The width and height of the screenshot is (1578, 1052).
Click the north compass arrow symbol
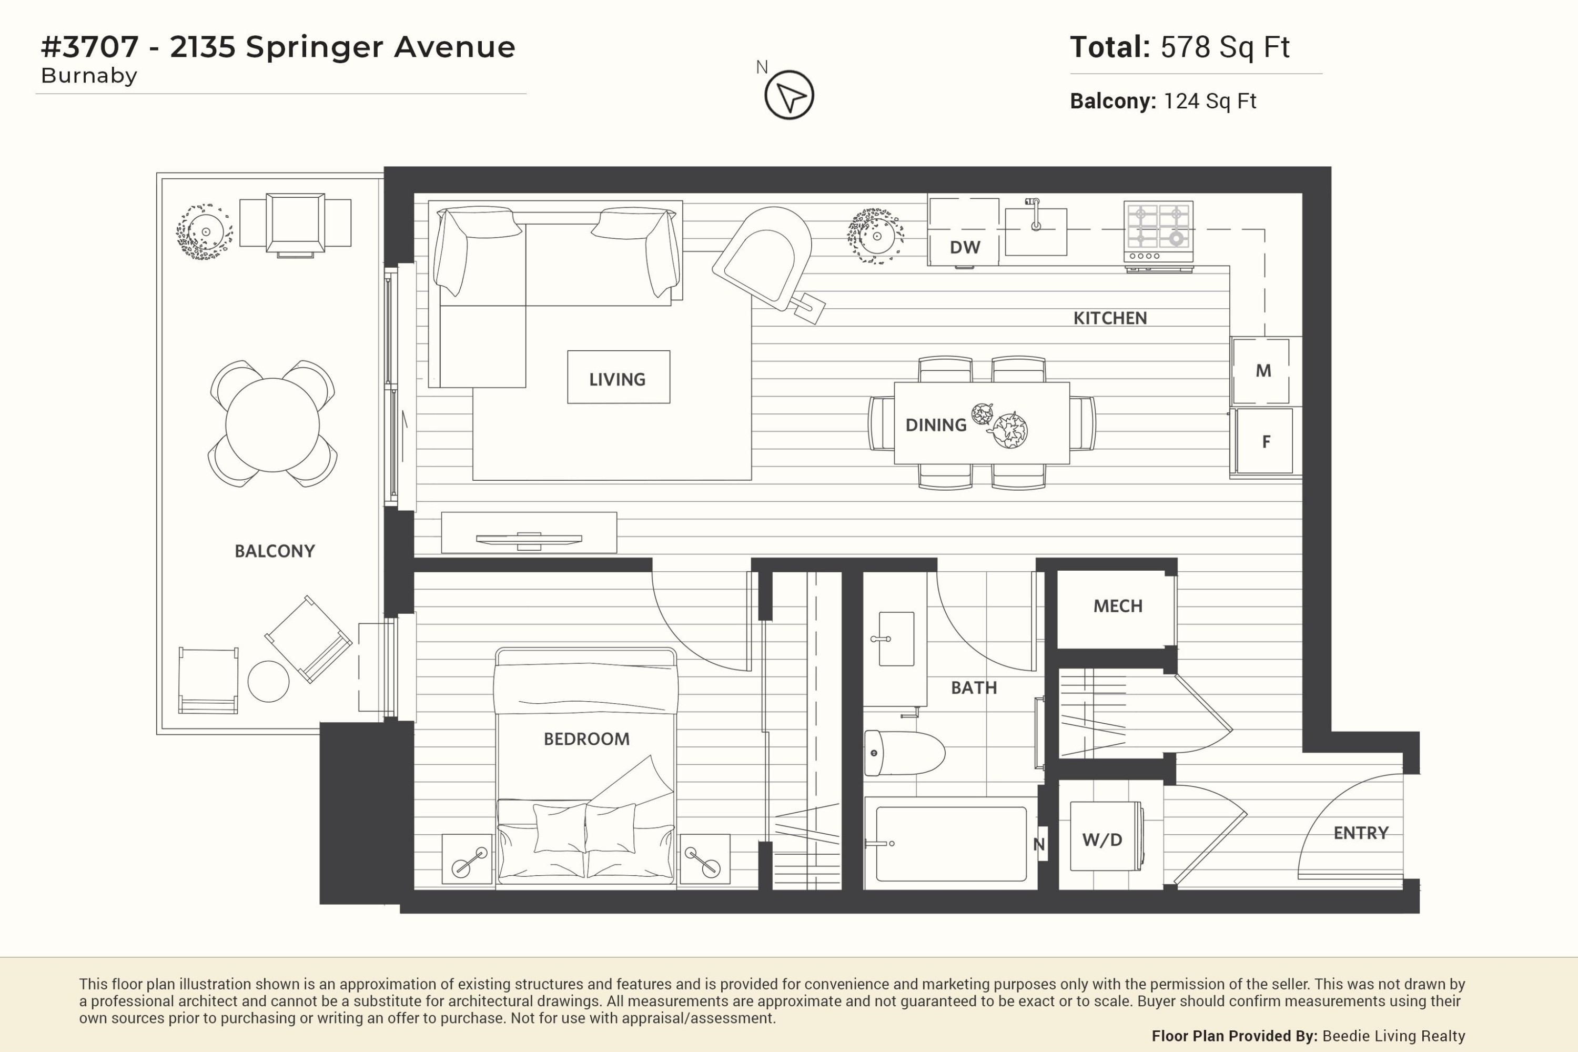[x=789, y=95]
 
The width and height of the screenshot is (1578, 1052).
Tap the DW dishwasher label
[x=965, y=248]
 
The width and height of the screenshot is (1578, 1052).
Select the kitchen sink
[x=1036, y=231]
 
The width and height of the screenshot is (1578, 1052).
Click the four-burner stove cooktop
[x=1159, y=231]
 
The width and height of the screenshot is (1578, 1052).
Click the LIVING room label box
[x=619, y=377]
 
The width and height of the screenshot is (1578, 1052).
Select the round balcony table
[x=272, y=424]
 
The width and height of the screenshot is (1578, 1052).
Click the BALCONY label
[x=275, y=551]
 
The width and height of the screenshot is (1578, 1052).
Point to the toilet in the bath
[x=904, y=753]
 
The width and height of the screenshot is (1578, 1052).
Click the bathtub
[x=952, y=843]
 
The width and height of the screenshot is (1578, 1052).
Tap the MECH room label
[x=1118, y=606]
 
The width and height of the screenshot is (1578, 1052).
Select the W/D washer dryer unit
[x=1106, y=836]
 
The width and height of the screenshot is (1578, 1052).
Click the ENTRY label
[x=1361, y=833]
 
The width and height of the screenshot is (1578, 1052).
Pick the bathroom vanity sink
[x=896, y=639]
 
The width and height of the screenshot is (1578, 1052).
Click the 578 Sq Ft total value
[x=1225, y=47]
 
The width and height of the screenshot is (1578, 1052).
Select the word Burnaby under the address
[x=89, y=76]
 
